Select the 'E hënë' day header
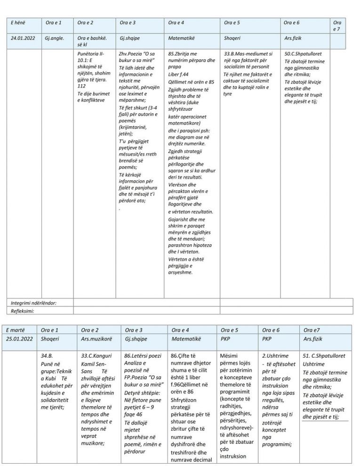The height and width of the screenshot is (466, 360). pos(18,23)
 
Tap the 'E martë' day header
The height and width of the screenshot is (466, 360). pos(17,330)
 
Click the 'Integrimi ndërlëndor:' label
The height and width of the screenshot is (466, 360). pos(33,303)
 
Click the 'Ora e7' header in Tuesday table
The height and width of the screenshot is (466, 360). pos(312,330)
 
